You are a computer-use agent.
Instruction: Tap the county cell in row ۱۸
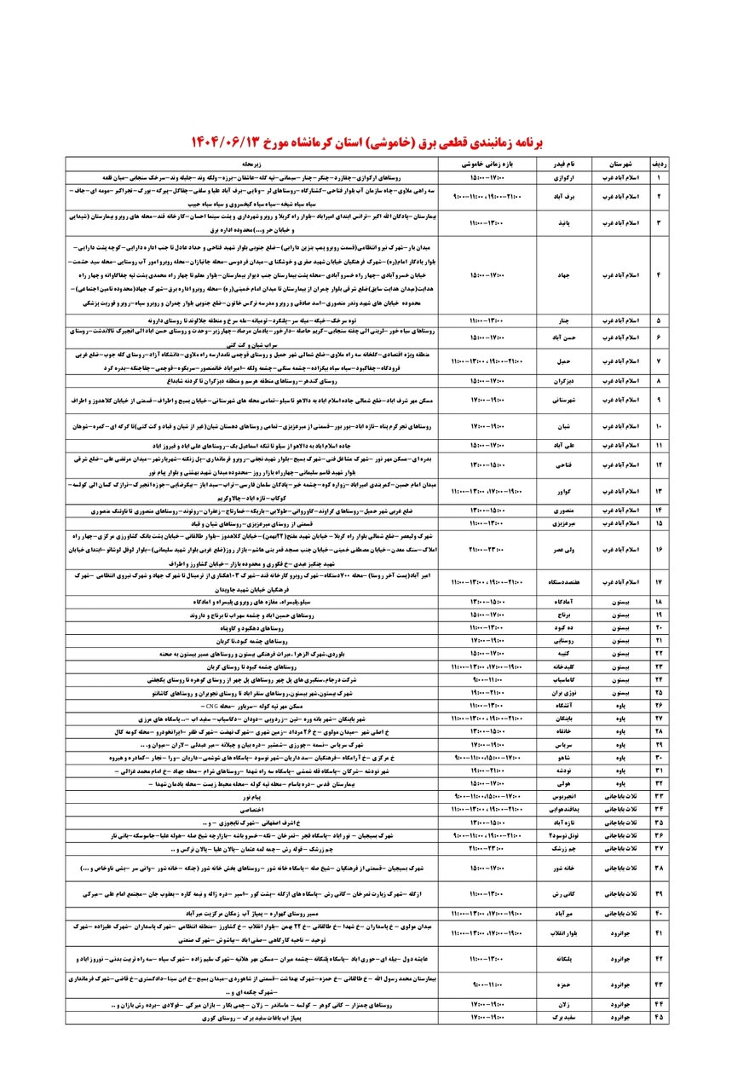pos(620,601)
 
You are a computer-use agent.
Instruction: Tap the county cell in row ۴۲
pos(620,959)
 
